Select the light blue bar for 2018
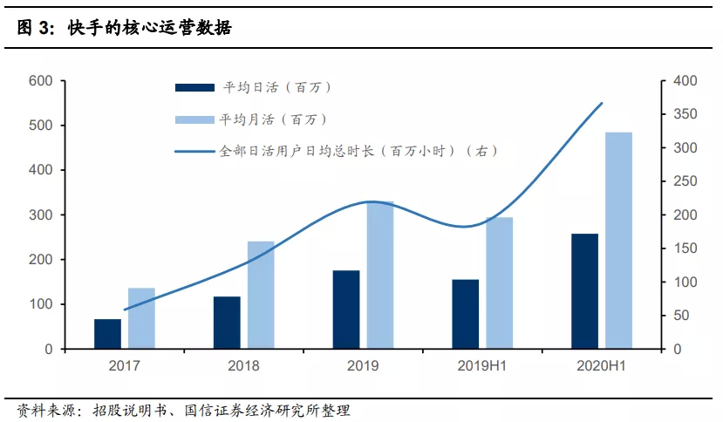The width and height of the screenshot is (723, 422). (x=260, y=295)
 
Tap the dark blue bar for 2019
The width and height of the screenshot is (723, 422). (x=346, y=310)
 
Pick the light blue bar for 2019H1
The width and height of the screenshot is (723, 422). (x=499, y=282)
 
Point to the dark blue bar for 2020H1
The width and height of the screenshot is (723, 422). (x=584, y=291)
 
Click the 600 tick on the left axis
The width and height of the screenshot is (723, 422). (x=41, y=81)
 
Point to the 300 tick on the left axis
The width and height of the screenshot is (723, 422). (x=41, y=215)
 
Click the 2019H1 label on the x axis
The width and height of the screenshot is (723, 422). (x=481, y=366)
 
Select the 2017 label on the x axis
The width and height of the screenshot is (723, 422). (x=124, y=366)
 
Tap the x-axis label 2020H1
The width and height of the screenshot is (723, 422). (x=601, y=366)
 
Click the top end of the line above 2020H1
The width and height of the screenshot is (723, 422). (x=602, y=103)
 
